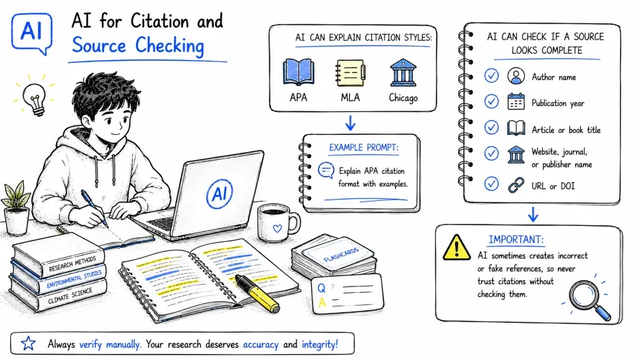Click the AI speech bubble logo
click(32, 33)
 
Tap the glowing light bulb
click(35, 98)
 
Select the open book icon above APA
click(298, 72)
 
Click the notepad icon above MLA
click(350, 73)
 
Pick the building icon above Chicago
click(403, 72)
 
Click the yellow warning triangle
click(457, 247)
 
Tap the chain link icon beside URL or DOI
click(516, 185)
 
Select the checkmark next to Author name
click(491, 76)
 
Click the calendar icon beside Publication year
click(516, 102)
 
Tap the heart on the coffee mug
click(277, 228)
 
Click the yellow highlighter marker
click(257, 293)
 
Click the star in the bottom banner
click(29, 343)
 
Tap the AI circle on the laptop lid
click(220, 194)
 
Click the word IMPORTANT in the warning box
click(516, 239)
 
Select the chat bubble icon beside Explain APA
click(326, 171)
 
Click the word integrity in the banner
click(319, 345)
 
